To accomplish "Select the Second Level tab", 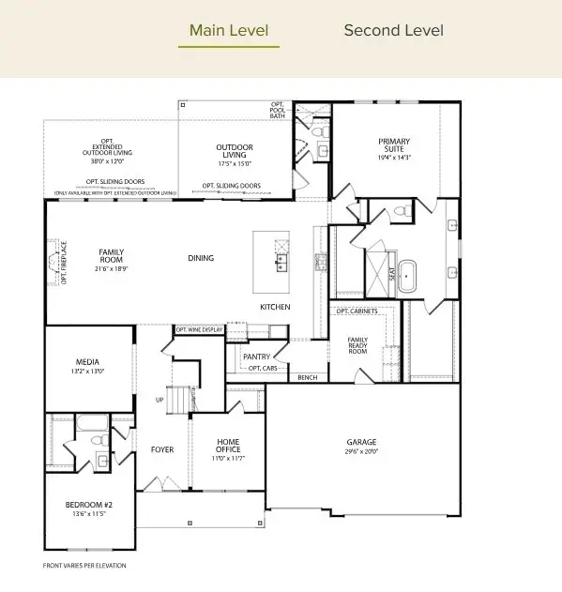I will tap(393, 30).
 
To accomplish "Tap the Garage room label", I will tap(361, 442).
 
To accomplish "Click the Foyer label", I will tap(162, 449).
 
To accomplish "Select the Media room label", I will tap(88, 362).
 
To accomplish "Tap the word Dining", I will tap(201, 258).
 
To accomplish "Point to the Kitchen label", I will tap(275, 308).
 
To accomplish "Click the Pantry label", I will tap(256, 357).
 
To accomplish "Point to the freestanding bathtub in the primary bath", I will tap(408, 274).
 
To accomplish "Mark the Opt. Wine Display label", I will tap(199, 329).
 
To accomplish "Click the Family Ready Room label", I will tap(357, 343).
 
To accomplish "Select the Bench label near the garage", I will tap(307, 377).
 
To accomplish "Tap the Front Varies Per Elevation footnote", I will tap(84, 566).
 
